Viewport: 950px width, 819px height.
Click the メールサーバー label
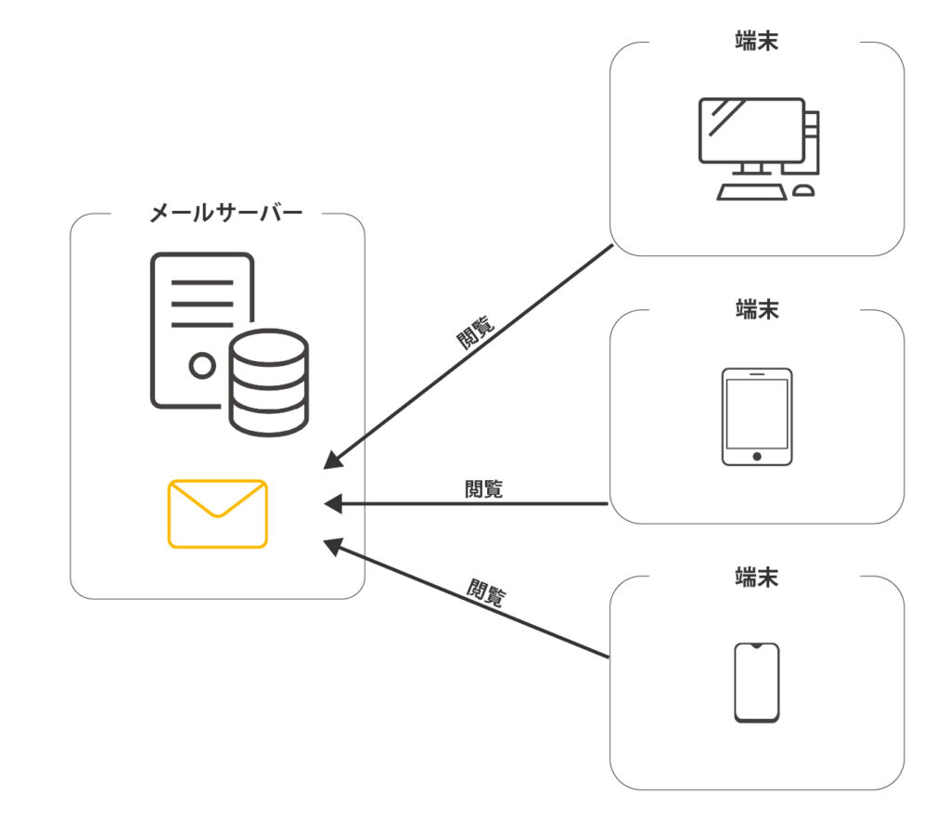tap(225, 214)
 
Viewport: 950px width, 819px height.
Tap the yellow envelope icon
tap(218, 513)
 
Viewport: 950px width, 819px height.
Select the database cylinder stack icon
tap(268, 382)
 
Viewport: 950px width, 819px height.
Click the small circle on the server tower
tap(201, 365)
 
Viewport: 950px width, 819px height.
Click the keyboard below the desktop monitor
tap(751, 190)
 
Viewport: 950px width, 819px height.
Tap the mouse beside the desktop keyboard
tap(803, 190)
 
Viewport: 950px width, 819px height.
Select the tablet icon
tap(756, 417)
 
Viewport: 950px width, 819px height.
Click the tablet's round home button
tap(756, 456)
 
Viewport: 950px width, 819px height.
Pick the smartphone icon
tap(756, 682)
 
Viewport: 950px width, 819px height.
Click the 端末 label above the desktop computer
tap(756, 42)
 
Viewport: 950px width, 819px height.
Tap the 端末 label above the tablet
tap(756, 308)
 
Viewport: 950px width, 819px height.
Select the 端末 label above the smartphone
tap(756, 576)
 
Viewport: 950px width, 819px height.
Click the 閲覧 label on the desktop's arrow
tap(475, 331)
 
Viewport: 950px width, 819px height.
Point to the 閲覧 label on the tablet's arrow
tap(483, 488)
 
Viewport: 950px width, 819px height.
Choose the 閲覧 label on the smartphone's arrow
tap(486, 592)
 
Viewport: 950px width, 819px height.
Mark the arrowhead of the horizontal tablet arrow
tap(332, 503)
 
